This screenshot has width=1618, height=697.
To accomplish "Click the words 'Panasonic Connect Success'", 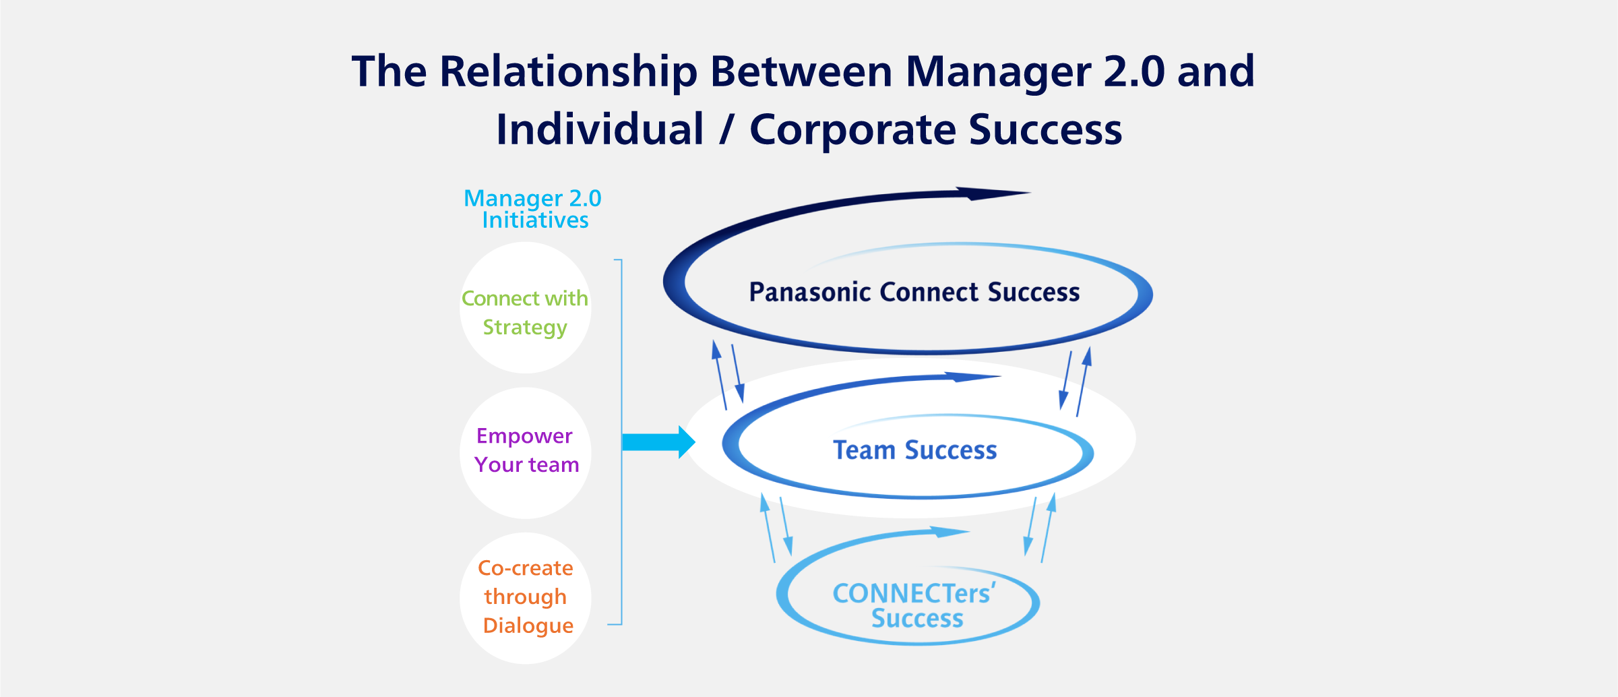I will tap(914, 293).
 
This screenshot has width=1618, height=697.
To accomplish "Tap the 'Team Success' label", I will tap(914, 450).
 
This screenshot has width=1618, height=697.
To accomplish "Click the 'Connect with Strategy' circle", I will tap(525, 308).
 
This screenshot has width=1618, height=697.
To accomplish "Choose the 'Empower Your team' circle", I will tap(525, 453).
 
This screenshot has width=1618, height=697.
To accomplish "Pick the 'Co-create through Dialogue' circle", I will tap(525, 599).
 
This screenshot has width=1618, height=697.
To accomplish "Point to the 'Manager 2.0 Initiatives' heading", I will tap(532, 209).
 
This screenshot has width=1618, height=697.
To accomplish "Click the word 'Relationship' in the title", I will tap(569, 71).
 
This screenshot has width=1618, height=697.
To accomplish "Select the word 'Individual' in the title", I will tap(600, 129).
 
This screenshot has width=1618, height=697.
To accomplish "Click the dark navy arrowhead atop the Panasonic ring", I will tap(991, 194).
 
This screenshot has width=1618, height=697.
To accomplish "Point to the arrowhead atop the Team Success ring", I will tap(970, 377).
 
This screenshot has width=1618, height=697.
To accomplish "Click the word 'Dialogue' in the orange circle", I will tap(528, 626).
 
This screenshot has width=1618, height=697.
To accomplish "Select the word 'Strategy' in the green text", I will tap(525, 328).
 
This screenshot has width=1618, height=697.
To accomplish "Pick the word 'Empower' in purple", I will tap(524, 436).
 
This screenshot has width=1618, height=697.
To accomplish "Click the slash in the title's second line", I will tap(726, 129).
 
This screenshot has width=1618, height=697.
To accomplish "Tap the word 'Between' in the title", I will tap(801, 71).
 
